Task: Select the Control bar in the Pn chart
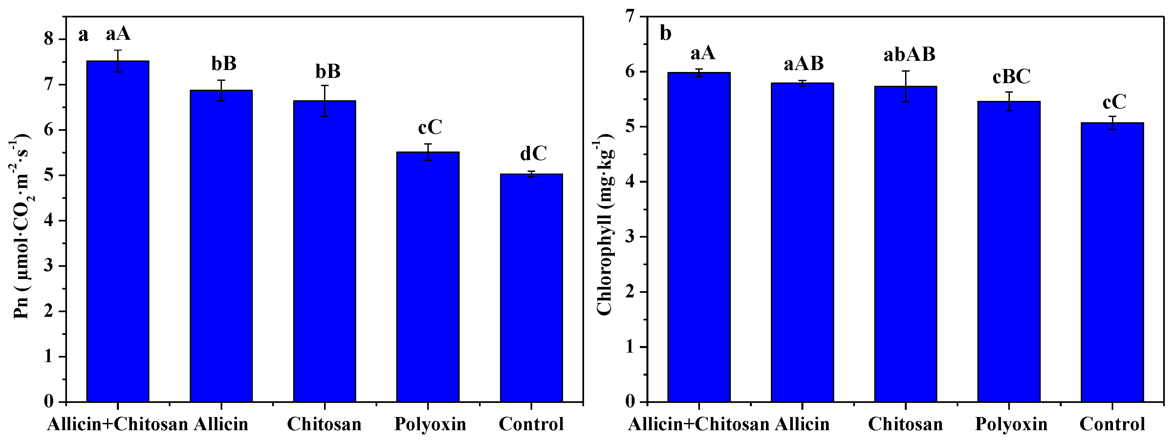tap(531, 288)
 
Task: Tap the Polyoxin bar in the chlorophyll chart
tap(1009, 251)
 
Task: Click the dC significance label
tap(533, 154)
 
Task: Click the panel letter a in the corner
tap(83, 35)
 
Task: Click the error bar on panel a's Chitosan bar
tap(324, 101)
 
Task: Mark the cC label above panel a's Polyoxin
tap(430, 128)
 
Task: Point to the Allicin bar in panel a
tap(221, 246)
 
